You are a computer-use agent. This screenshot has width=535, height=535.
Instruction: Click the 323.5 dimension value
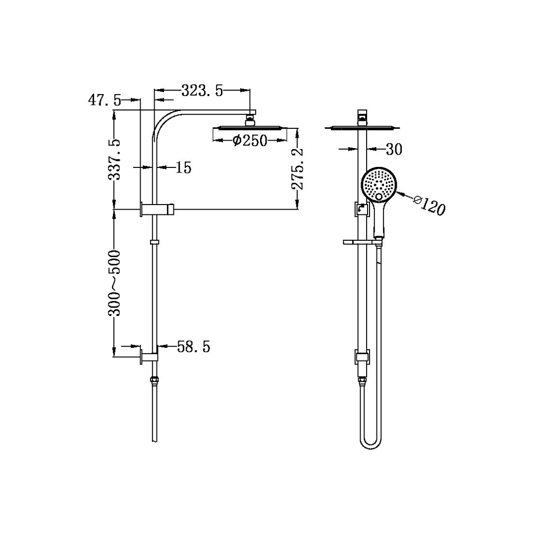202,91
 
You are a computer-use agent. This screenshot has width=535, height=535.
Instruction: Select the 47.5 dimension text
104,100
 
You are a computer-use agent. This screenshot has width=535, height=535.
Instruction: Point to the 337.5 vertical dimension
114,160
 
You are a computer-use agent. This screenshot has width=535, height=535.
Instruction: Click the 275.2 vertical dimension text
297,169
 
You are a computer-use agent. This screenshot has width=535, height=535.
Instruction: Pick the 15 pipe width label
183,167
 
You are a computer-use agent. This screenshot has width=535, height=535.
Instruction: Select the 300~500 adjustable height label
114,283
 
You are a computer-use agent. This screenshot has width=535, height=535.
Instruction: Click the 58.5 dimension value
194,347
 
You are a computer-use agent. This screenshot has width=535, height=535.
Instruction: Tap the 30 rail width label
395,149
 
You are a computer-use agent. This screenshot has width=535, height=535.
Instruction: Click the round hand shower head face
379,184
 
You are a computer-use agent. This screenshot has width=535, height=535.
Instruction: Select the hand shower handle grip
379,220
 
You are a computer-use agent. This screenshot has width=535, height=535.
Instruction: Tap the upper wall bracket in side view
158,210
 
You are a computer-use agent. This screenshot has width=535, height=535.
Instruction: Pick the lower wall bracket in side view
150,357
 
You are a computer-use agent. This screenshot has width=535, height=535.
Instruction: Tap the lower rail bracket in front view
362,357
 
